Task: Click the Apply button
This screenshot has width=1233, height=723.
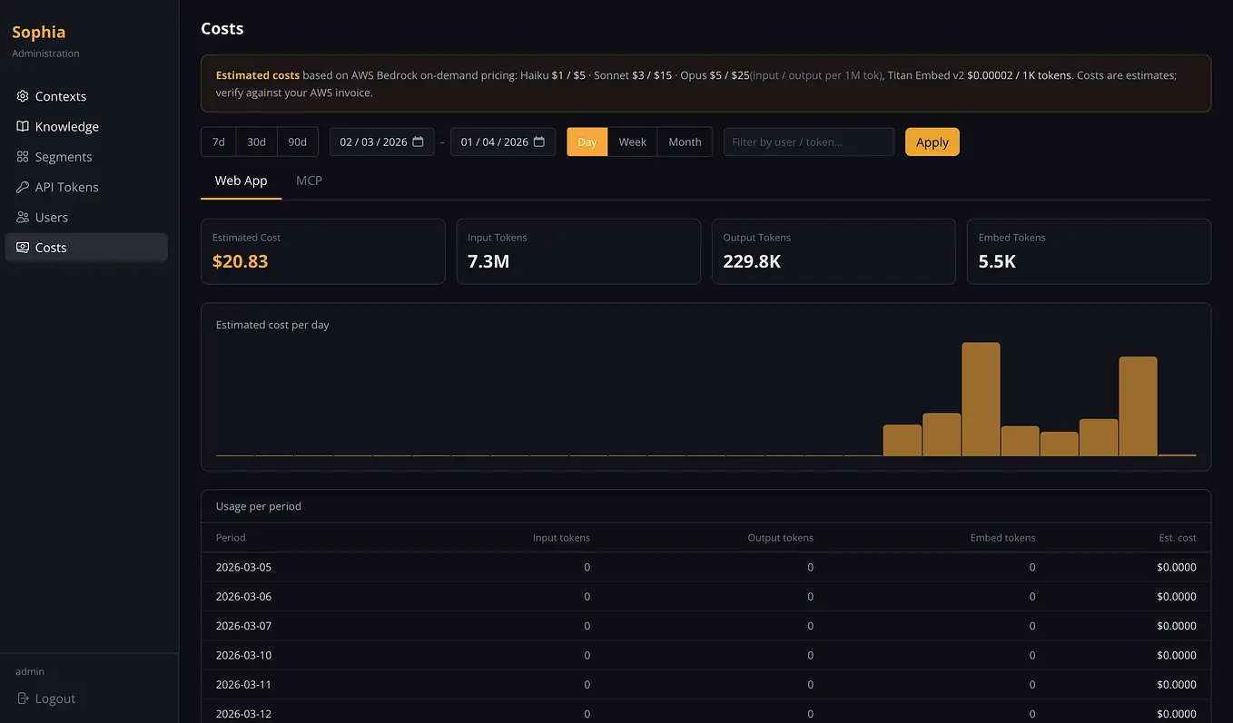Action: (932, 142)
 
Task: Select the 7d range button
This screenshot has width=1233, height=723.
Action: (219, 142)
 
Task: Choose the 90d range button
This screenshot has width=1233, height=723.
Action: (297, 142)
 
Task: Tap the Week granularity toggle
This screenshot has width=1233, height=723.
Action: (633, 142)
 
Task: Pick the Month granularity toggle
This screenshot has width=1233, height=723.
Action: (685, 142)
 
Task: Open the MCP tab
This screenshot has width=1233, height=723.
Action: (309, 181)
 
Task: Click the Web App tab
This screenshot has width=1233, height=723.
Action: (242, 181)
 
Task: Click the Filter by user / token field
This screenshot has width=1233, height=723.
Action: (809, 142)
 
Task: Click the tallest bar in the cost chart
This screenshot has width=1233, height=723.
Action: (981, 399)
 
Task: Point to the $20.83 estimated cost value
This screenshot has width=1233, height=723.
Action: (240, 261)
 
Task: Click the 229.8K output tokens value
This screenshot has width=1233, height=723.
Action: (752, 261)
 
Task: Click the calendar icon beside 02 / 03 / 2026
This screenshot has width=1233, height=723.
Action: (418, 142)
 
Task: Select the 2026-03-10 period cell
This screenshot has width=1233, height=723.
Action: (243, 655)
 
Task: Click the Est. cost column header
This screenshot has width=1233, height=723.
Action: (1178, 537)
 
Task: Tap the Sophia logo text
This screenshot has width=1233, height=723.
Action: (38, 32)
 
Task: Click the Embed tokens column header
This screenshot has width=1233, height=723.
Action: (1002, 537)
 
